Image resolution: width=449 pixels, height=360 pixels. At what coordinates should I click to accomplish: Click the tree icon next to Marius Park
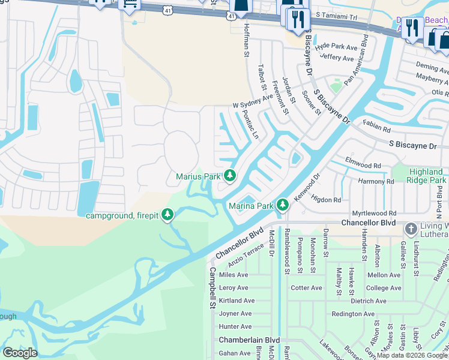229,176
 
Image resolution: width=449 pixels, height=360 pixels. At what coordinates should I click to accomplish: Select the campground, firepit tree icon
169,215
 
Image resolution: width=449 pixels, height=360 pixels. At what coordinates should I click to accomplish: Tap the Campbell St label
212,288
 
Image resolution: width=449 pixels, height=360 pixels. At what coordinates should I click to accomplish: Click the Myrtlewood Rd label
375,213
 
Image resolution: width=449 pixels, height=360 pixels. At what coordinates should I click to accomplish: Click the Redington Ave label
353,314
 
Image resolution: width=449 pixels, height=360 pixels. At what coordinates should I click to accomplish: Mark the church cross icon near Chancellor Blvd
411,229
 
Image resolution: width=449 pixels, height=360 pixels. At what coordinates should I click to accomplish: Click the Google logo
20,353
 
